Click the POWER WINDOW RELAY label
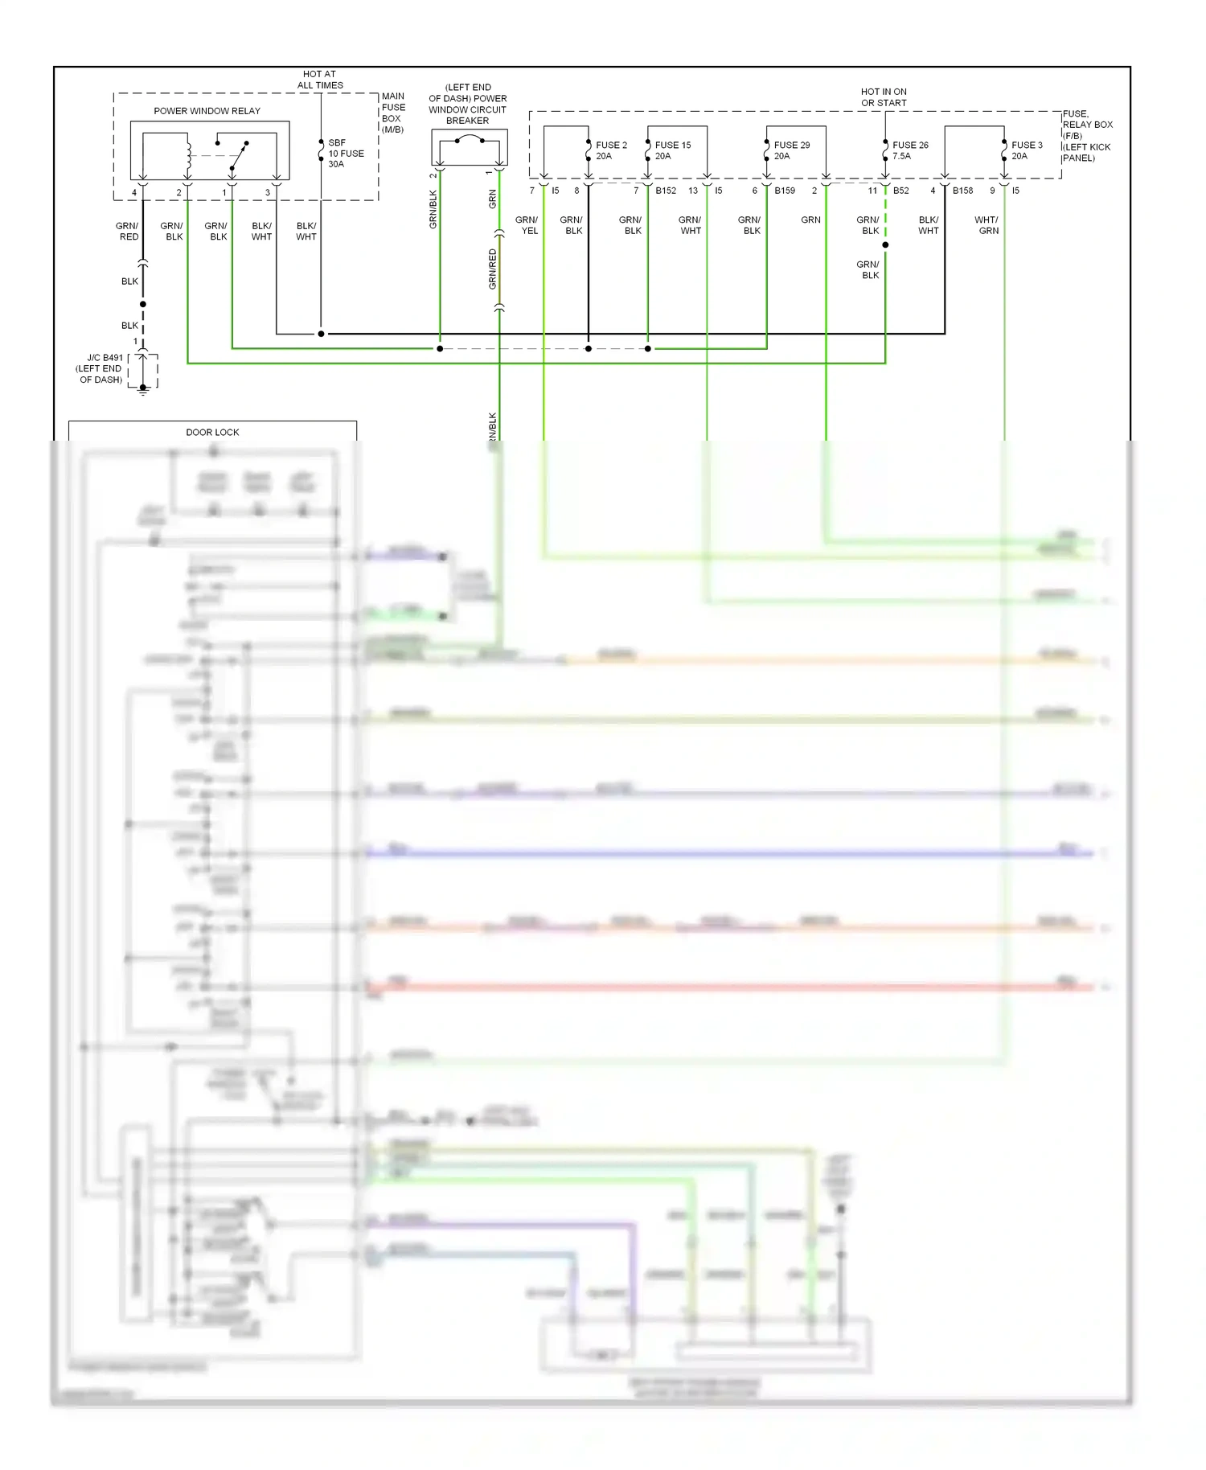207,111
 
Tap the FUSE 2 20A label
610,150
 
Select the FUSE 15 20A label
672,150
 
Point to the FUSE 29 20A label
791,150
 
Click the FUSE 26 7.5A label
909,150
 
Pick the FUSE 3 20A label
1026,150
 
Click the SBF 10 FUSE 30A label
345,153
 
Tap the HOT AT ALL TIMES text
320,80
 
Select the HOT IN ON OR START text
884,97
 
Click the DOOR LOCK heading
212,432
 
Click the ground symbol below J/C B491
143,390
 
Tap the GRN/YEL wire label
527,225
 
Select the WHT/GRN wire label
987,225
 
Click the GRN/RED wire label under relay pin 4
128,231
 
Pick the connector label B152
666,191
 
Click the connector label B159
785,191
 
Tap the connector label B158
962,191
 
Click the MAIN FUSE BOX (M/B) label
393,113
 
